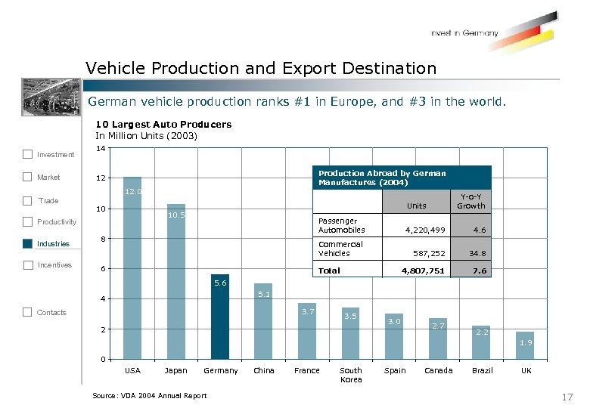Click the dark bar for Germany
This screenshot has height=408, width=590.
[x=219, y=317]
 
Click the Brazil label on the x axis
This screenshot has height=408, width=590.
[x=482, y=371]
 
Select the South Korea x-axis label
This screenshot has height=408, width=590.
[x=351, y=375]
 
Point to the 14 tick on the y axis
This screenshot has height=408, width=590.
[x=101, y=150]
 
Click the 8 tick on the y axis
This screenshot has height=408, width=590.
[x=102, y=239]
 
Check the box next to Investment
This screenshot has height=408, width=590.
[x=27, y=154]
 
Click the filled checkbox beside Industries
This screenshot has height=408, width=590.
[x=27, y=243]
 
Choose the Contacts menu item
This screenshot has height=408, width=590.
[x=51, y=313]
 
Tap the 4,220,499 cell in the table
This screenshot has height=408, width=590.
[x=425, y=230]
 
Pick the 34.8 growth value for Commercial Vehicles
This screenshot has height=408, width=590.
[x=477, y=254]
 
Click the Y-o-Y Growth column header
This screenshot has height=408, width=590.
[x=470, y=202]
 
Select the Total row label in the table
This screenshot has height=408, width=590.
[x=329, y=270]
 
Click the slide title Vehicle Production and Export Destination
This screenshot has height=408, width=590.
[x=261, y=69]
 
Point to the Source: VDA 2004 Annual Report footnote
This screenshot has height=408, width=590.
[x=149, y=396]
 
